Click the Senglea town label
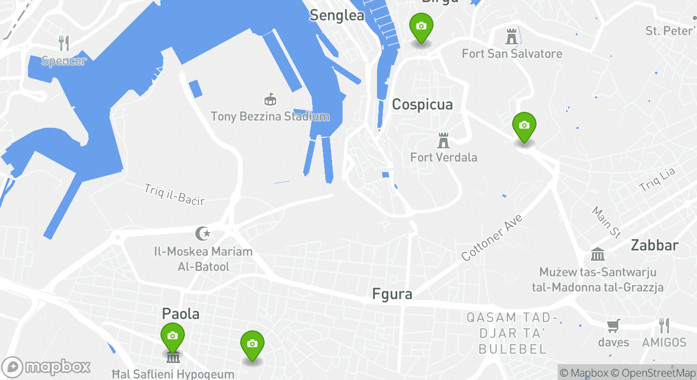tap(337, 15)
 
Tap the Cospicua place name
tap(422, 104)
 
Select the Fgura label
tap(392, 294)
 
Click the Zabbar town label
tap(654, 245)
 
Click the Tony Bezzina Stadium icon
tap(270, 99)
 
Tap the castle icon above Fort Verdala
tap(444, 140)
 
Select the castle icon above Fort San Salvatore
tap(511, 36)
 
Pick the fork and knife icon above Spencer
tap(63, 43)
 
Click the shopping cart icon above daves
tap(613, 326)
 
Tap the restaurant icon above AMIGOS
tap(664, 326)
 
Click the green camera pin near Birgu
tap(421, 26)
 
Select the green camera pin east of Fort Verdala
tap(524, 126)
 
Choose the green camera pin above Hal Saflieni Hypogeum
tap(172, 336)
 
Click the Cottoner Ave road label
tap(491, 237)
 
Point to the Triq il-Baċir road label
tap(174, 194)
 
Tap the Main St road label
tap(606, 222)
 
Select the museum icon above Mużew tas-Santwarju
tap(598, 255)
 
